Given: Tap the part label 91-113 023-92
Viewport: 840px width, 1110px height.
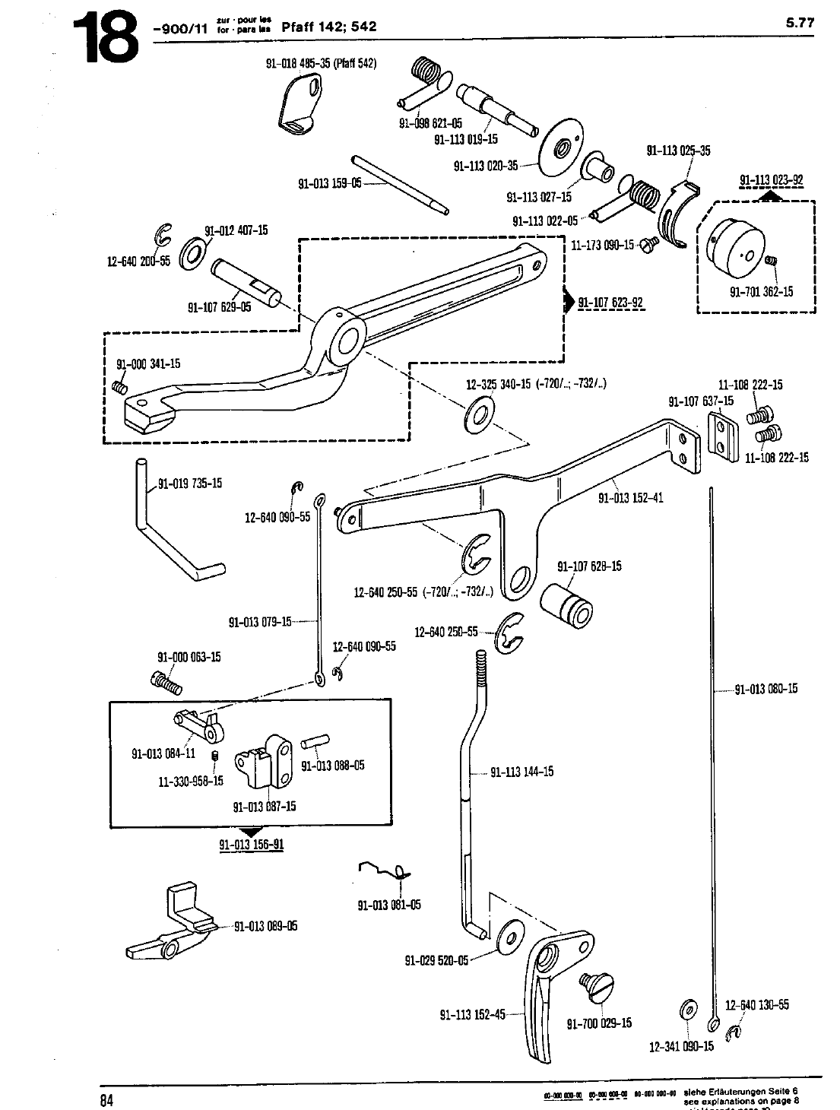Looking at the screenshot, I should [771, 180].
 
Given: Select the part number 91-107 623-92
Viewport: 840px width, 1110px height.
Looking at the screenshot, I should [610, 303].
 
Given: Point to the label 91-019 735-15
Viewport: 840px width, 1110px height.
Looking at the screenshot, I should [190, 484].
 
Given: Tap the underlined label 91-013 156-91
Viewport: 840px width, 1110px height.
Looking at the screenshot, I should [251, 845].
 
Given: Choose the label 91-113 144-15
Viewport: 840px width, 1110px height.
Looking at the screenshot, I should [521, 772].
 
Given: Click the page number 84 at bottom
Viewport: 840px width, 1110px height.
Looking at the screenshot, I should [107, 1099].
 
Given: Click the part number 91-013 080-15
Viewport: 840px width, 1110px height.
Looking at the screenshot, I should [766, 690].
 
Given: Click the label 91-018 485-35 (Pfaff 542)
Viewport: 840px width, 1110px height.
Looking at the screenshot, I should [321, 63].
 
